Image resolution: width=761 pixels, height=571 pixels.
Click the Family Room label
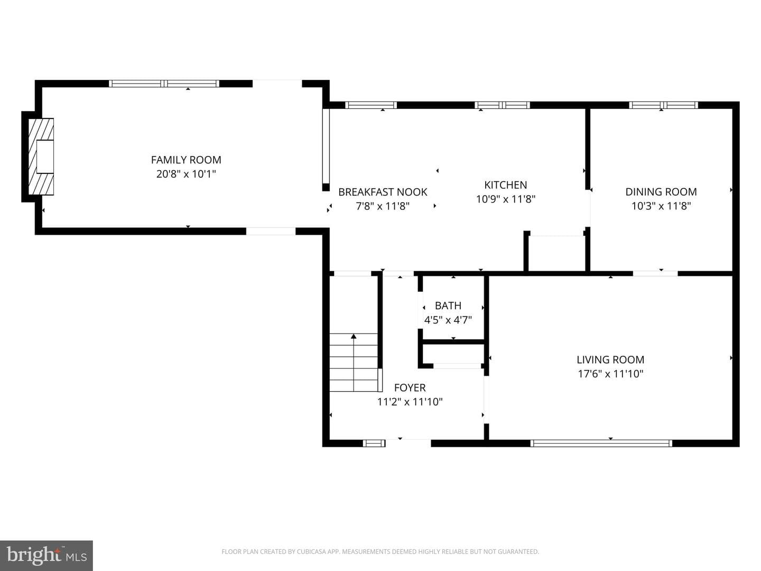(x=186, y=160)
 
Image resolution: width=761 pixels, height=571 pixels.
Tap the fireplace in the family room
(x=41, y=156)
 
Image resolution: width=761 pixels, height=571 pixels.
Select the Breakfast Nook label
(x=383, y=192)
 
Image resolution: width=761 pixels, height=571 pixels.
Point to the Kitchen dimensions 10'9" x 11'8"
(x=506, y=199)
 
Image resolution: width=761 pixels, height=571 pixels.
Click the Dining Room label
(x=661, y=192)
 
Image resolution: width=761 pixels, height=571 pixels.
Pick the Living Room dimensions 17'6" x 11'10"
(x=610, y=374)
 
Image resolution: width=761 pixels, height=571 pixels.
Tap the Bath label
(x=448, y=306)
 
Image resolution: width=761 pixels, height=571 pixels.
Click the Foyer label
(x=410, y=387)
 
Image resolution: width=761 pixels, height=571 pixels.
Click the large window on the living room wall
(x=601, y=443)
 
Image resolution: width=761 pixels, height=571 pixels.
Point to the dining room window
(x=664, y=105)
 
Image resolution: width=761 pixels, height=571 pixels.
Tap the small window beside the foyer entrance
(x=374, y=443)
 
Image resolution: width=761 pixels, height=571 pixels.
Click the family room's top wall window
(x=164, y=84)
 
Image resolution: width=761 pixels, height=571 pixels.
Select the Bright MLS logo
(x=47, y=555)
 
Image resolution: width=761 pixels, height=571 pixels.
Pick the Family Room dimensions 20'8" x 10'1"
(x=186, y=174)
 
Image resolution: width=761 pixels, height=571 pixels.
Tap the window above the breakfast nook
(x=370, y=105)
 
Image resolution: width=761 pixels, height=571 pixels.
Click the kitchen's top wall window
(x=503, y=105)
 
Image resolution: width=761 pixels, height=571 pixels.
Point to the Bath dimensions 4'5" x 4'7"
(x=448, y=320)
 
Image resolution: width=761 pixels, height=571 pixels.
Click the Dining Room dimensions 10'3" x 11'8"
(x=661, y=206)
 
